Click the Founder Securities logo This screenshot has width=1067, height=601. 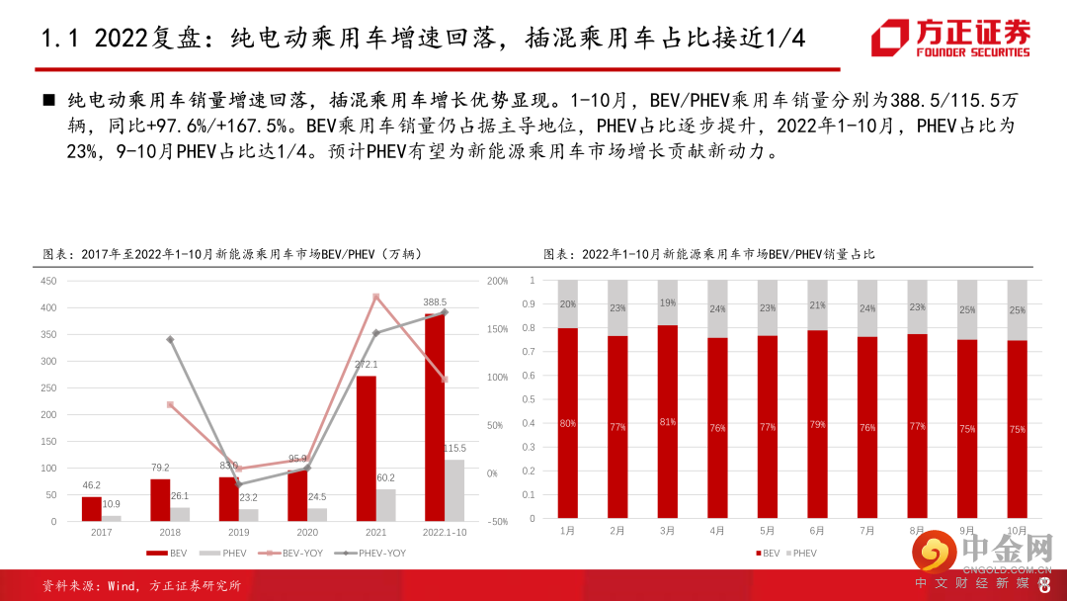point(949,39)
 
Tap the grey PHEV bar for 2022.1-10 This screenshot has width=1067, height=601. point(453,490)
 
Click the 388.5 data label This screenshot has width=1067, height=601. point(435,302)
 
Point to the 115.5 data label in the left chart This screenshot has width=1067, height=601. point(453,449)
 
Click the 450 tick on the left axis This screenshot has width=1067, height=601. point(48,281)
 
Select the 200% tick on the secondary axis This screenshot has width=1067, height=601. point(498,281)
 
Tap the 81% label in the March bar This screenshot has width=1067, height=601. point(667,422)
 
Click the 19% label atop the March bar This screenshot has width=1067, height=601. point(667,302)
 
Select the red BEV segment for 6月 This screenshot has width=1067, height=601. point(817,424)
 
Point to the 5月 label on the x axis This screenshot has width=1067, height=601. point(767,531)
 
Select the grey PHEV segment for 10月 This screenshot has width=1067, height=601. point(1017,310)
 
